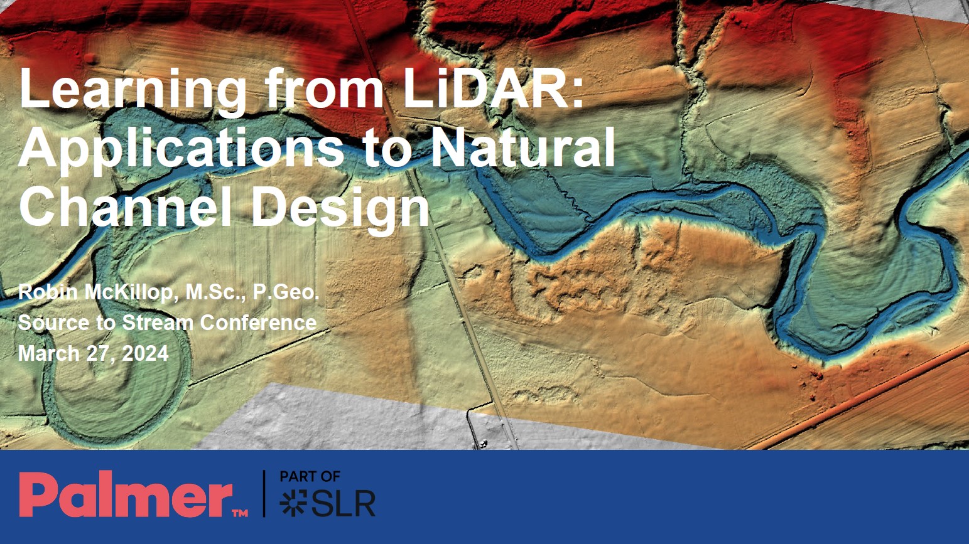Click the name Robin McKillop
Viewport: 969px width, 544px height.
coord(95,292)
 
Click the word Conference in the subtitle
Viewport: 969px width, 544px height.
coord(258,323)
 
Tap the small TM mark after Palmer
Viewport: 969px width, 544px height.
coord(240,513)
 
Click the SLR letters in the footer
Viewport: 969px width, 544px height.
coord(343,503)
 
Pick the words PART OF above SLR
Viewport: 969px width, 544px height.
coord(310,477)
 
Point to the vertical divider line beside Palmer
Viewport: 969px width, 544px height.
coord(264,494)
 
